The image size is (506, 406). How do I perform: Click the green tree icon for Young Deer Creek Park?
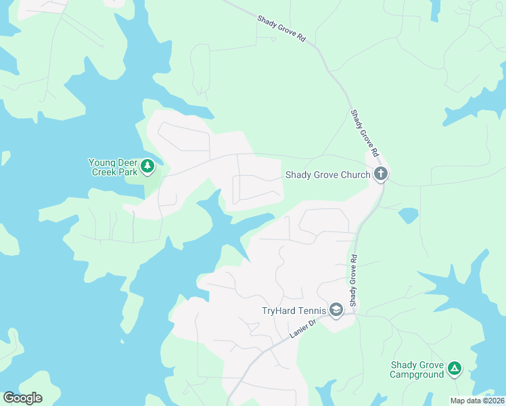tap(147, 166)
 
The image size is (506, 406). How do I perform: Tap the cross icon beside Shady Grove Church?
tap(381, 175)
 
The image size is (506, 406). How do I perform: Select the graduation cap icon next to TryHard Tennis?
tap(336, 311)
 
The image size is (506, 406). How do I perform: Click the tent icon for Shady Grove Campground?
tap(455, 369)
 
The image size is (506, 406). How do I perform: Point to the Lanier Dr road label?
tap(304, 328)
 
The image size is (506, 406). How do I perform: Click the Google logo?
tap(22, 398)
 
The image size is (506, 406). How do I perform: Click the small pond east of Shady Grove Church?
tap(408, 215)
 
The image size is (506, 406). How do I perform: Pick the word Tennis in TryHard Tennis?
tap(311, 311)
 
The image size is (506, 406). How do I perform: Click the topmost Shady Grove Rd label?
tap(281, 28)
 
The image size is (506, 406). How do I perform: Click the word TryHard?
tap(278, 311)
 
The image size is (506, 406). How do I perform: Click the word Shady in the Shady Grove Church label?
tap(298, 175)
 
